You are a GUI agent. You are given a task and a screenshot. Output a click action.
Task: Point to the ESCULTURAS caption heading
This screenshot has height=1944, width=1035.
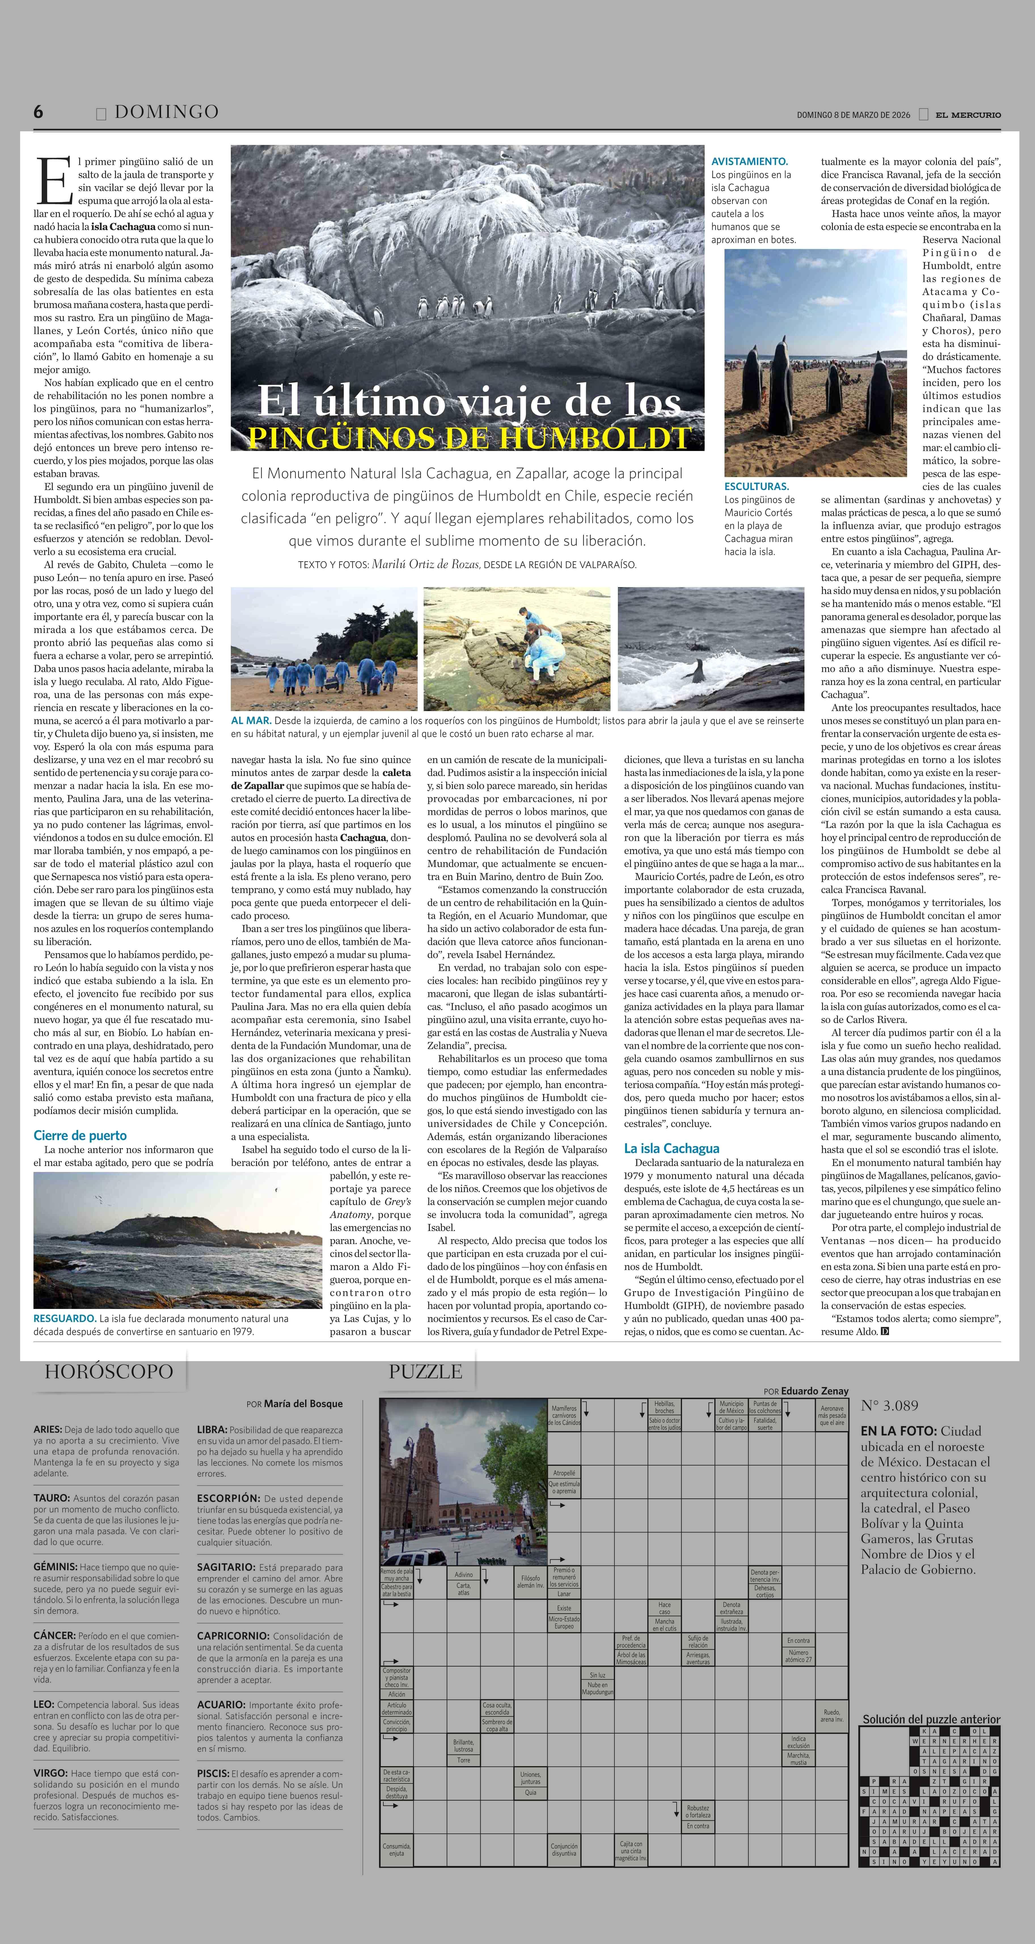756,487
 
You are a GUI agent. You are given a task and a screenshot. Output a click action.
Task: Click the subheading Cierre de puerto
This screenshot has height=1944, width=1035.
80,1136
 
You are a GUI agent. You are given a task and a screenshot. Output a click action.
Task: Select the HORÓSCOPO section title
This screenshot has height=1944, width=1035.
109,1371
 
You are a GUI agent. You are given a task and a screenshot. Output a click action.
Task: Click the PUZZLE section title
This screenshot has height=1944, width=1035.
425,1371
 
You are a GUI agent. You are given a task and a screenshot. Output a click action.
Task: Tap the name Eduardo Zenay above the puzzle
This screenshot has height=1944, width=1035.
815,1391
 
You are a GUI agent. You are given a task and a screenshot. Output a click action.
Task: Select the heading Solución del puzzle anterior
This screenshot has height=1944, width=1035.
931,1719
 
